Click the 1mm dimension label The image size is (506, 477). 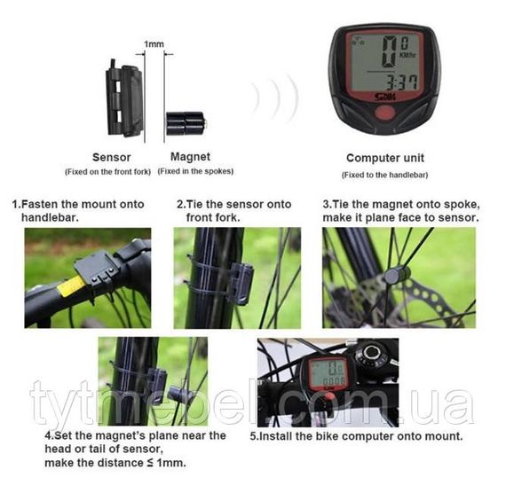click(x=154, y=43)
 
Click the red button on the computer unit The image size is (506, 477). click(x=384, y=113)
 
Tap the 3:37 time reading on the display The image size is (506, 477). click(x=402, y=82)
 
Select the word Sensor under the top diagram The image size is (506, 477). click(x=111, y=157)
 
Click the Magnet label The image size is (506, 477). click(x=190, y=157)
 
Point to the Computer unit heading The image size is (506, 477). click(x=385, y=158)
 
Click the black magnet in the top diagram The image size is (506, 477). click(x=186, y=123)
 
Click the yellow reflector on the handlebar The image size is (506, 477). click(x=70, y=285)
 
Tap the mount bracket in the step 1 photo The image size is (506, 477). click(x=96, y=269)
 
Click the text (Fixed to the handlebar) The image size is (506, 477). click(x=384, y=175)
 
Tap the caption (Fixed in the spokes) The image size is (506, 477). click(x=195, y=171)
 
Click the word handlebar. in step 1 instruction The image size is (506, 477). click(x=50, y=217)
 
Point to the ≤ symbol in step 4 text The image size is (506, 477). click(x=150, y=463)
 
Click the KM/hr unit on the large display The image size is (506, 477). click(x=407, y=55)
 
